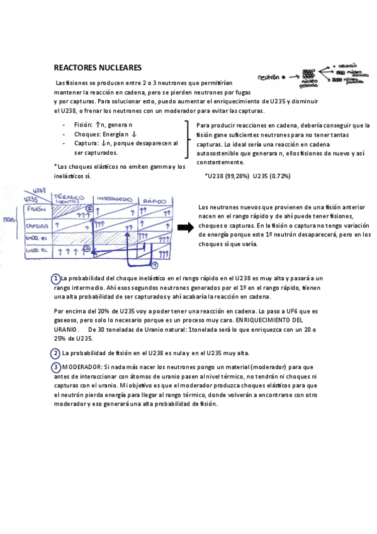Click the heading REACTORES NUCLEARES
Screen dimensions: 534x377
pyautogui.click(x=98, y=67)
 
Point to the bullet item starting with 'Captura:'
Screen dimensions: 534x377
pyautogui.click(x=120, y=144)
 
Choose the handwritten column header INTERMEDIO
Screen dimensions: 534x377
pyautogui.click(x=115, y=198)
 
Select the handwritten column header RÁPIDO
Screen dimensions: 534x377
pyautogui.click(x=154, y=200)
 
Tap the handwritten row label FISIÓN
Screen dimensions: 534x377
pyautogui.click(x=37, y=210)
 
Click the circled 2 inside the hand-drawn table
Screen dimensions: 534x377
pyautogui.click(x=89, y=208)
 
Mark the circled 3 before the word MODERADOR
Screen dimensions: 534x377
pyautogui.click(x=56, y=366)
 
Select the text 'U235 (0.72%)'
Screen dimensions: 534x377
pyautogui.click(x=271, y=176)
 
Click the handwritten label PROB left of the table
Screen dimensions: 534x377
pyautogui.click(x=9, y=220)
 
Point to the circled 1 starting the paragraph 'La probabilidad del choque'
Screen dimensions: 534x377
pyautogui.click(x=56, y=278)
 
